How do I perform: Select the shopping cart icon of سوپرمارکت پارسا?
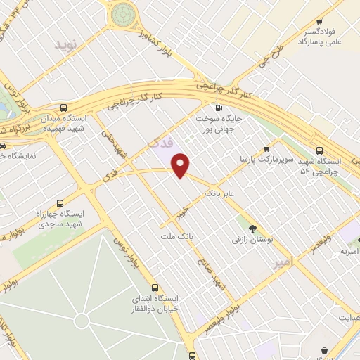266,148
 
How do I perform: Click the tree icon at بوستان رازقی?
253,227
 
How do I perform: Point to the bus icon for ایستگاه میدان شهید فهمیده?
64,108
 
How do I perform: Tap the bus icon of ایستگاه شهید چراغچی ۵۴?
320,150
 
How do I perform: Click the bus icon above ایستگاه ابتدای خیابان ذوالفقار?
155,288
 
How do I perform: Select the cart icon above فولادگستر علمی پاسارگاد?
320,22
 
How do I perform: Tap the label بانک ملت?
179,236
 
